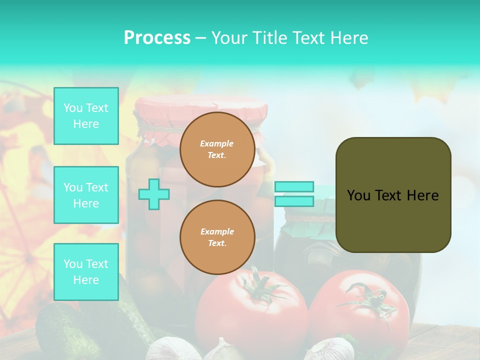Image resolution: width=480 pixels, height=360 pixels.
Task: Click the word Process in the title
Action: [157, 38]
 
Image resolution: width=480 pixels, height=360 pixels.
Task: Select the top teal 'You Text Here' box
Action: [86, 116]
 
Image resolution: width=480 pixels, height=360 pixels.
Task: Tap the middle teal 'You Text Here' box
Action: [86, 195]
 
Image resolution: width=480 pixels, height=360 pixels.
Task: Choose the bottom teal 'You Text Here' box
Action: [86, 272]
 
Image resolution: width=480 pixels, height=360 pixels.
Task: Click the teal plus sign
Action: [154, 194]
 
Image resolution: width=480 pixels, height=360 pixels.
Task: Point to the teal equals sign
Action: [294, 194]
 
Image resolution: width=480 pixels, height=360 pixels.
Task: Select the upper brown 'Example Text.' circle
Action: [217, 149]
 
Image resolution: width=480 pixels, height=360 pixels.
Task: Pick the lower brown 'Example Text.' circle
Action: [217, 237]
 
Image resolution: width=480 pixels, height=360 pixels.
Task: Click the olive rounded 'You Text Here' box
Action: [393, 195]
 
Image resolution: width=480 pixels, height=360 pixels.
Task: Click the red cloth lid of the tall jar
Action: [200, 107]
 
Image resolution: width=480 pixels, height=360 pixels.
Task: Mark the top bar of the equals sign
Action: [294, 186]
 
